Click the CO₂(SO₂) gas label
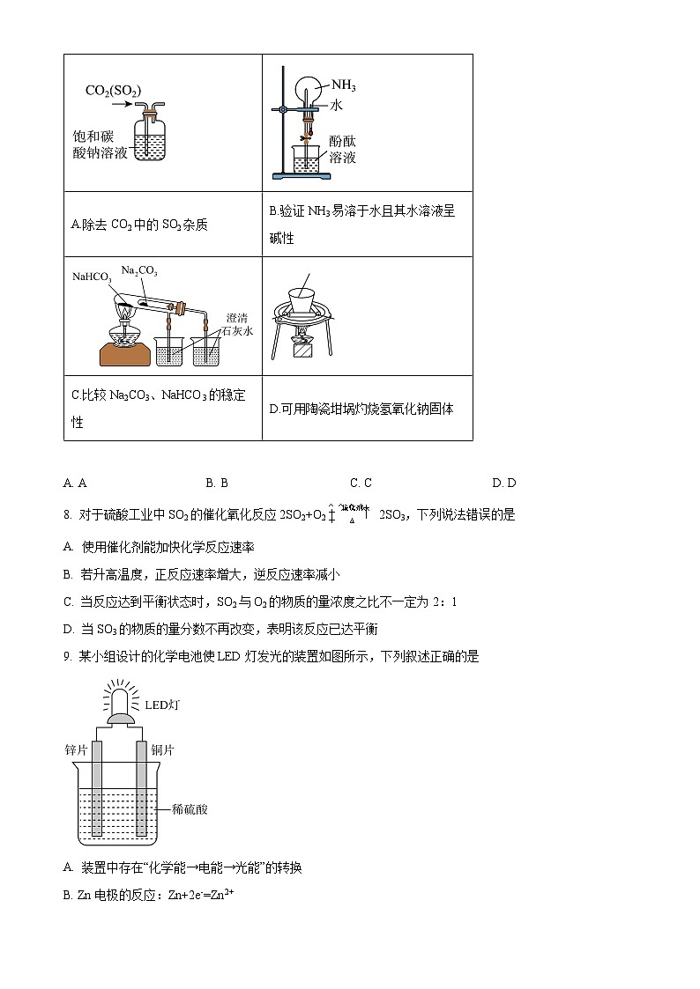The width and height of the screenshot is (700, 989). pos(113,90)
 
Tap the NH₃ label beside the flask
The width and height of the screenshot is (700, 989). pos(343,85)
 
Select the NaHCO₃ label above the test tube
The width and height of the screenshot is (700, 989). pos(92,277)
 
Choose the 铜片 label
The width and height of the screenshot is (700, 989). pos(162,749)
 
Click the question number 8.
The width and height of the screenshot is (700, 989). pos(67,515)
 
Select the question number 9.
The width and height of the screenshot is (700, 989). pos(67,656)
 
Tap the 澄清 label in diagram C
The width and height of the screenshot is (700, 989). pos(236,318)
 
